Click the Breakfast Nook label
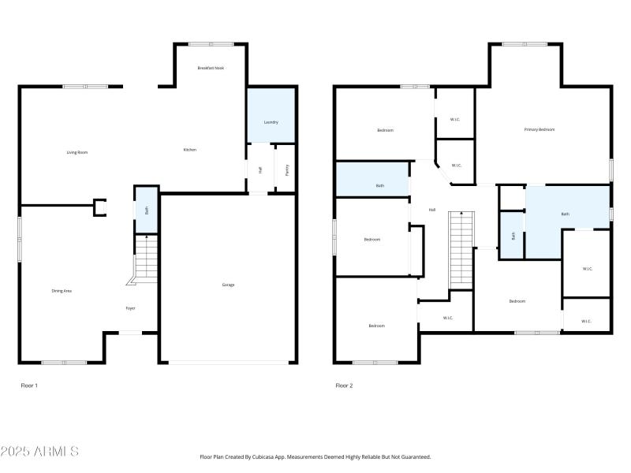[x=211, y=68]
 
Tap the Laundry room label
[x=271, y=122]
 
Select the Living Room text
[x=77, y=151]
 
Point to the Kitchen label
[x=189, y=150]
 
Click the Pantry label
[x=286, y=168]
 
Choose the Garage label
[x=228, y=285]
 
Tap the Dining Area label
[x=62, y=291]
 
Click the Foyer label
[x=130, y=308]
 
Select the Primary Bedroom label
[x=540, y=129]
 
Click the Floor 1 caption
[x=28, y=385]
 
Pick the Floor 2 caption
[x=344, y=385]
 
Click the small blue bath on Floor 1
[x=146, y=210]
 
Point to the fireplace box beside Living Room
[x=100, y=207]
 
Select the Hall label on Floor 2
[x=431, y=210]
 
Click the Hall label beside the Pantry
[x=259, y=169]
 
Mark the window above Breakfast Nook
[x=211, y=43]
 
